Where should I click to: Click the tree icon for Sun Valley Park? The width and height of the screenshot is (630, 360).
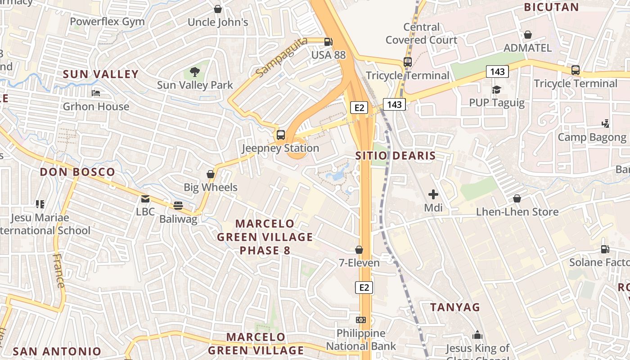coord(195,72)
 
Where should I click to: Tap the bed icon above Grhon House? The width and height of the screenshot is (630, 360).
coord(96,93)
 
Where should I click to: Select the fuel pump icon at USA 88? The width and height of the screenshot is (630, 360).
coord(328,42)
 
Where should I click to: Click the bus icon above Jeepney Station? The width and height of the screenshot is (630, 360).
coord(281,135)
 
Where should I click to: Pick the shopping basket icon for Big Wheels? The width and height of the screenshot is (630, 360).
coord(210,174)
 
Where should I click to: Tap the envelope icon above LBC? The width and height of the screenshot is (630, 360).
coord(145,198)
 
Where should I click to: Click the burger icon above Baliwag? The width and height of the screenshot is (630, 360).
coord(178,206)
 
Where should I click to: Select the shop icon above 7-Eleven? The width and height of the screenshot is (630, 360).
coord(359,249)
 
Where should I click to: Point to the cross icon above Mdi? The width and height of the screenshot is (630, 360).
coord(433,194)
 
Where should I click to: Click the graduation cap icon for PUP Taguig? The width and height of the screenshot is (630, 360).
coord(496,90)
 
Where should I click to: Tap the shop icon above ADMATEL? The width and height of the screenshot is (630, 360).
coord(528,35)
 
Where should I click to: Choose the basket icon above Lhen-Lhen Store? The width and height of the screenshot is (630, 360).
coord(517,198)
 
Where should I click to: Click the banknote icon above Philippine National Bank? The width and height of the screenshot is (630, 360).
coord(361,320)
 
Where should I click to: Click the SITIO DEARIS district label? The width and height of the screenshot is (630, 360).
coord(396,156)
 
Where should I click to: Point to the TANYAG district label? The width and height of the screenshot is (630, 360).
coord(455,307)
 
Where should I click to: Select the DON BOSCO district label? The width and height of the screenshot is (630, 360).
coord(77,172)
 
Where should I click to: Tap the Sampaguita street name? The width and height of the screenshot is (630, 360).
coord(281,57)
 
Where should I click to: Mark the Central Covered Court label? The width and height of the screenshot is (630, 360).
coord(421,33)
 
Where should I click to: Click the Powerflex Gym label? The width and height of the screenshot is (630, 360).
coord(107,21)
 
